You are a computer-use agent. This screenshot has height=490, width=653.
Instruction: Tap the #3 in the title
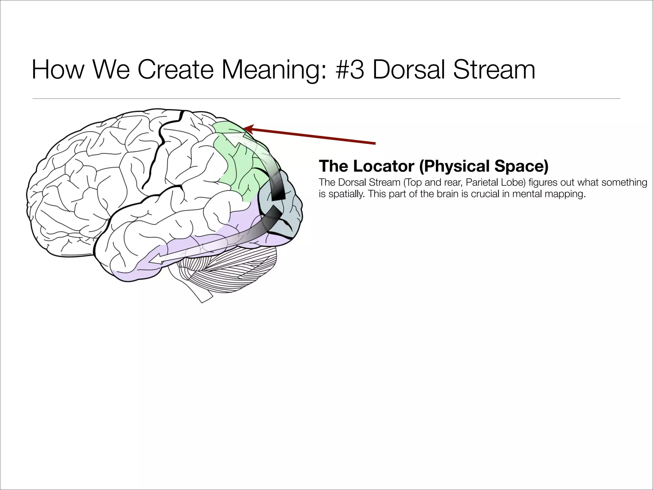349,70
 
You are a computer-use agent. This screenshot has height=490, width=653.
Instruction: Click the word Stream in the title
494,70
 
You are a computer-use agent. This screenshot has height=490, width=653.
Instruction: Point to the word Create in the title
175,70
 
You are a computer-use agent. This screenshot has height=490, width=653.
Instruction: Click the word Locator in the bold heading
384,166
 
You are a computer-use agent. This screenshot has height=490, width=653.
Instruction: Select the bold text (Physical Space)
484,167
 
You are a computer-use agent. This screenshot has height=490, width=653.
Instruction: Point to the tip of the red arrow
244,129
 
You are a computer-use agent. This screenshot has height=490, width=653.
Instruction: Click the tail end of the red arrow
375,144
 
